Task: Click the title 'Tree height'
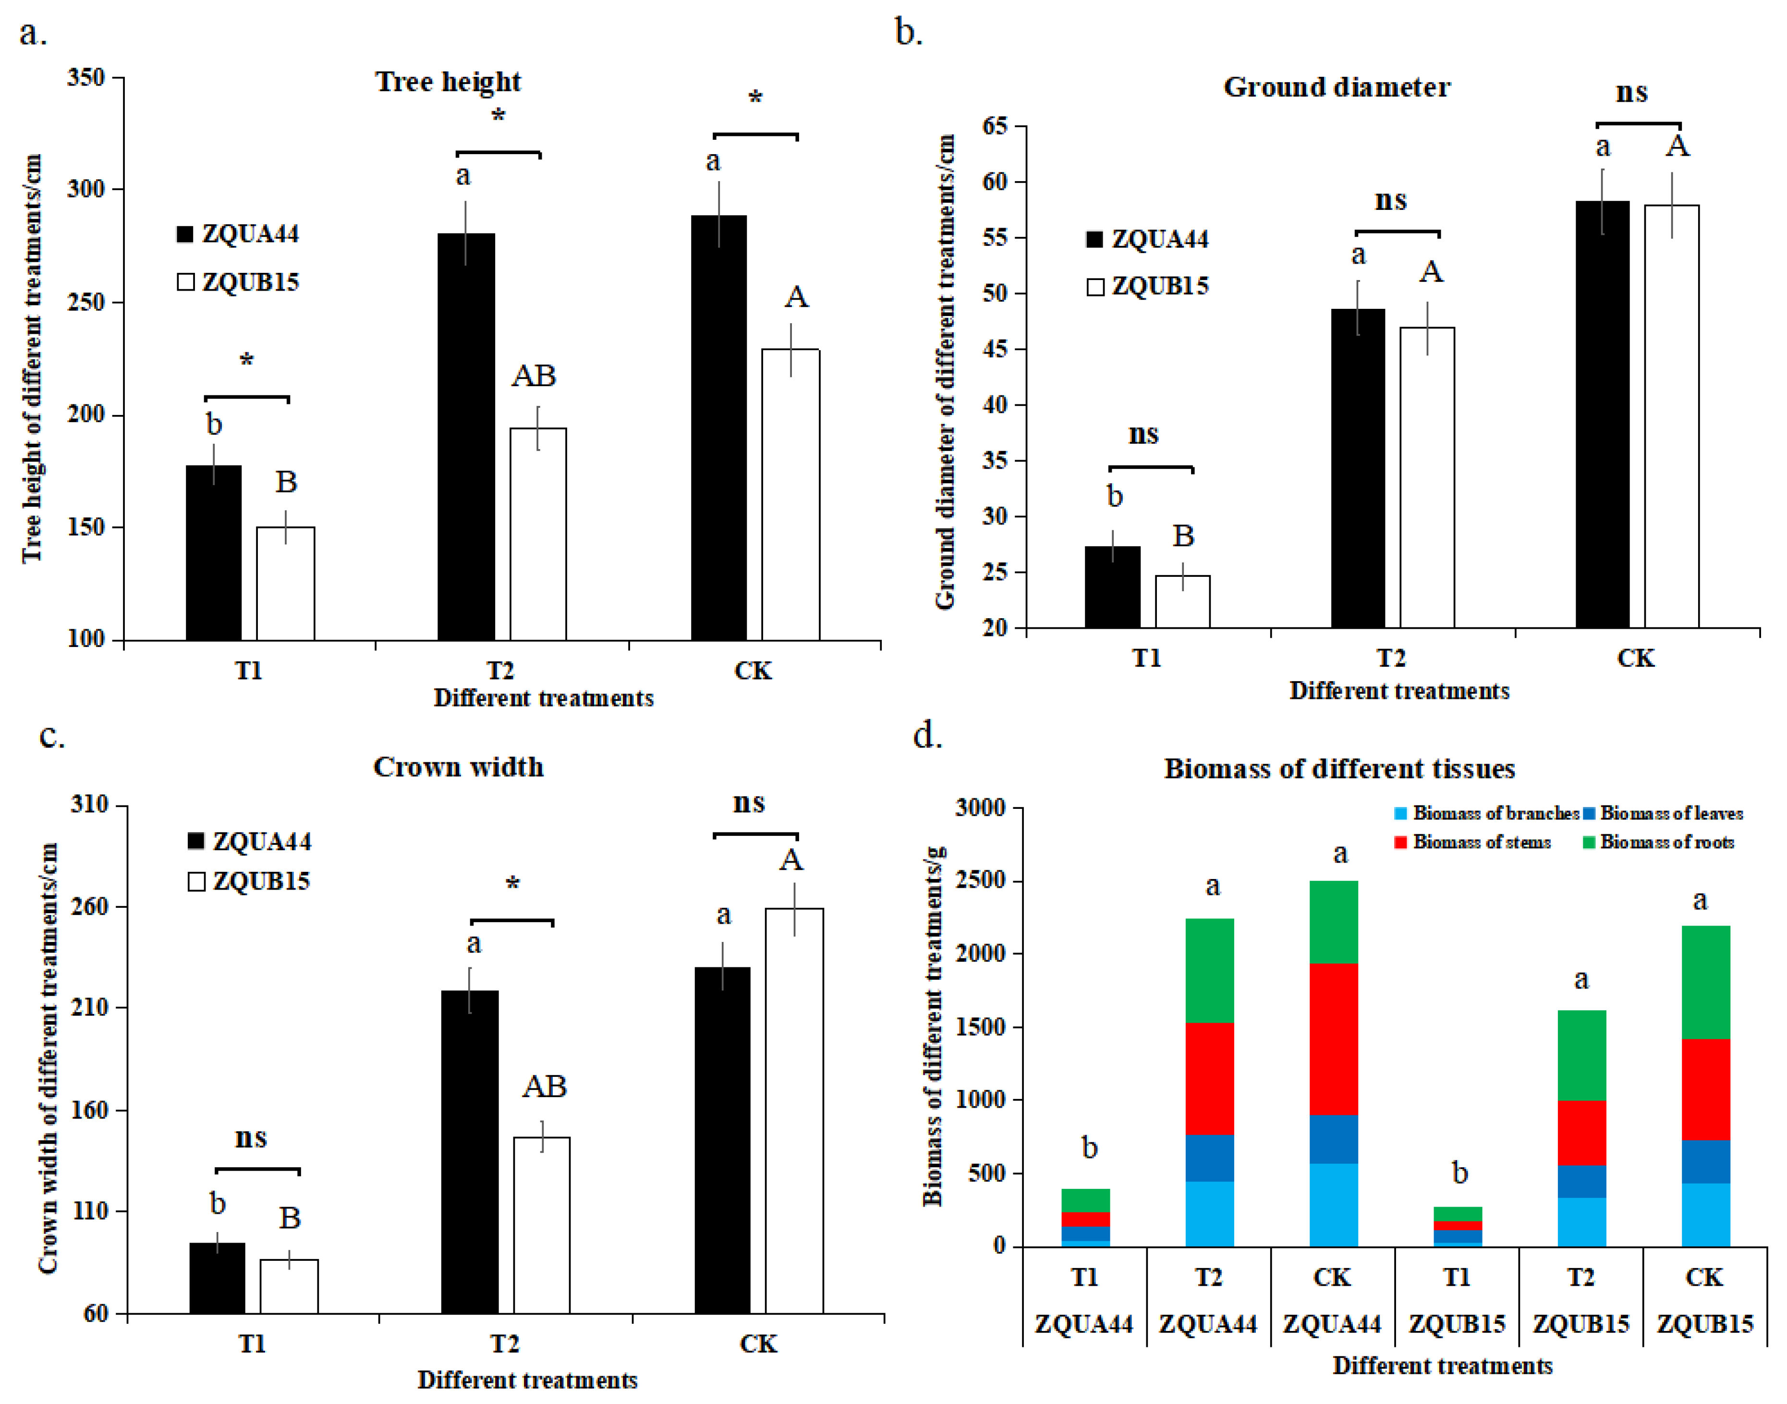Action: pos(448,81)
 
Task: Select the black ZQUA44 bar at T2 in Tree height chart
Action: pos(466,436)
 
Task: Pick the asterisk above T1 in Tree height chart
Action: pos(246,360)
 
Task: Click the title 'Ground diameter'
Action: pos(1337,86)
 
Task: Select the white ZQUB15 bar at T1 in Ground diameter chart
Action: pos(1182,602)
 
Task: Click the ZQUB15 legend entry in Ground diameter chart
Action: pos(1148,286)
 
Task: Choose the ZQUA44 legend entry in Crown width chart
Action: pos(250,841)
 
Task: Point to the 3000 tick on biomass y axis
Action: pos(980,807)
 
